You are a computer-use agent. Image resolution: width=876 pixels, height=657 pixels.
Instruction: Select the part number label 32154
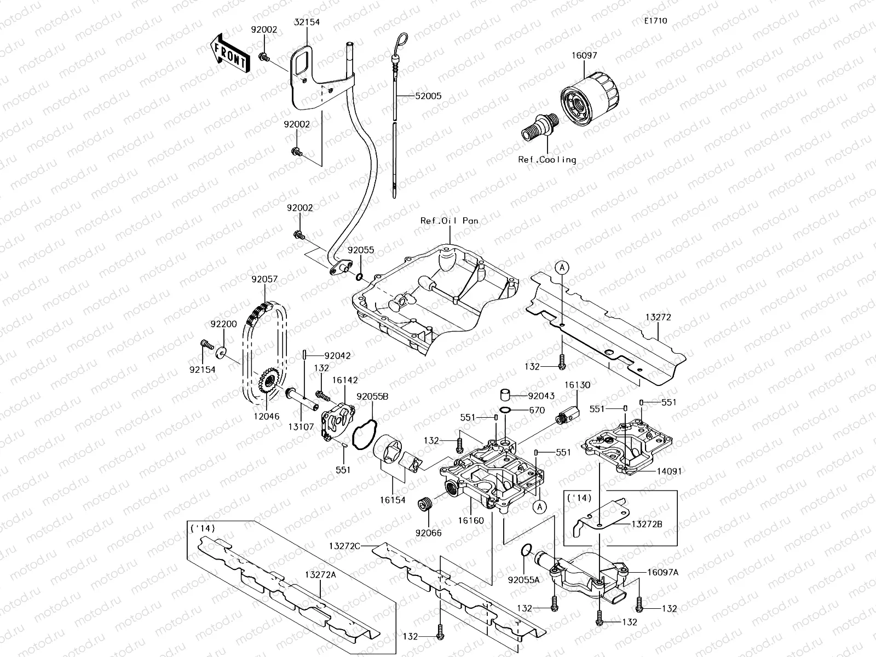coord(307,22)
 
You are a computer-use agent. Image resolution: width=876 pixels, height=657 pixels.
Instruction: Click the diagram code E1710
coord(655,21)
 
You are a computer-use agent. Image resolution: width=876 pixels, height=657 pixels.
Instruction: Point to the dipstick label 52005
coord(428,96)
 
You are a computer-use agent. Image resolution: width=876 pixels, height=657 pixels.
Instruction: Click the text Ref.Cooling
coord(547,160)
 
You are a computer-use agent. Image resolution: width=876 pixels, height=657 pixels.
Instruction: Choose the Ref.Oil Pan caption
coord(449,221)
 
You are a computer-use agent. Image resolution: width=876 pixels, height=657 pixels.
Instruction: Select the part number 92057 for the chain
coord(264,279)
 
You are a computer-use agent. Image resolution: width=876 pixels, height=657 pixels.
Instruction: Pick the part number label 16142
coord(345,380)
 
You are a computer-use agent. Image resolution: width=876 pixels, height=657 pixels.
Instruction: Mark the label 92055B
coord(372,396)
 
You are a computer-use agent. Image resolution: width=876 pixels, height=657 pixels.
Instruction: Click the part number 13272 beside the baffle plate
coord(658,317)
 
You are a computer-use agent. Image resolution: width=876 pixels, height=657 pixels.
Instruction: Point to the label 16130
coord(578,385)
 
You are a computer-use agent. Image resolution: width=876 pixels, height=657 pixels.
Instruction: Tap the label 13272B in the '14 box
coord(647,524)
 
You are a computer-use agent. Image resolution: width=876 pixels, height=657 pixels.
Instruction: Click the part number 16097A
coord(662,572)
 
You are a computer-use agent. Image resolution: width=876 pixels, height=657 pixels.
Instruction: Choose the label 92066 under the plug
coord(428,533)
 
